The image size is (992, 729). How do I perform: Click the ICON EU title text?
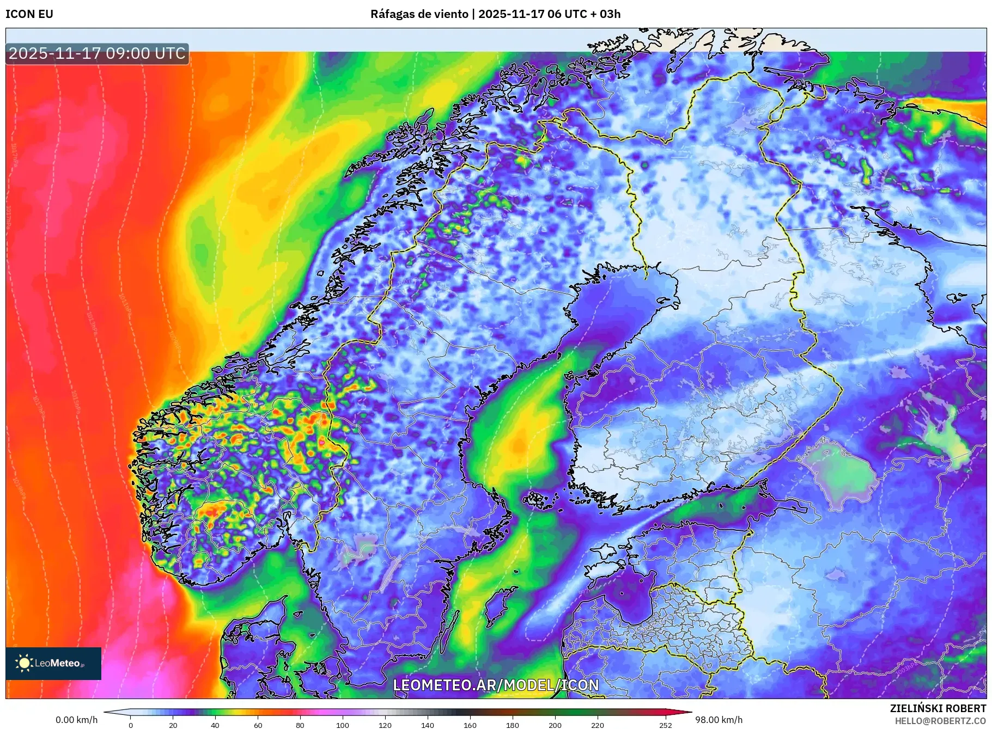pyautogui.click(x=29, y=14)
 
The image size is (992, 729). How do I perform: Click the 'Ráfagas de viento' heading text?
pyautogui.click(x=418, y=14)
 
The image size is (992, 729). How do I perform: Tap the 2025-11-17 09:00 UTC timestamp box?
pyautogui.click(x=97, y=53)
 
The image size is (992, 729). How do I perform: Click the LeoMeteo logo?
pyautogui.click(x=53, y=663)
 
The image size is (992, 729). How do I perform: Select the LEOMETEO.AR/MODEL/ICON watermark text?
pyautogui.click(x=496, y=685)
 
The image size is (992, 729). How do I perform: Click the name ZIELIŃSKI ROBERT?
pyautogui.click(x=938, y=708)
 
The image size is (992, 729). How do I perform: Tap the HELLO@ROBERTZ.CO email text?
pyautogui.click(x=940, y=721)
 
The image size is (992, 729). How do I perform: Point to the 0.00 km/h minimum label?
pyautogui.click(x=77, y=720)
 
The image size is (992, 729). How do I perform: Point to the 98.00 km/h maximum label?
pyautogui.click(x=719, y=720)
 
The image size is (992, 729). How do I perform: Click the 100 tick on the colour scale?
pyautogui.click(x=343, y=725)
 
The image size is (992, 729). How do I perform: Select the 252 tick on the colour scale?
pyautogui.click(x=666, y=725)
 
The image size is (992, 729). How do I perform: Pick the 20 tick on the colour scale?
pyautogui.click(x=173, y=725)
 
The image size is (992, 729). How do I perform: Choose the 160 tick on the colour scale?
pyautogui.click(x=470, y=725)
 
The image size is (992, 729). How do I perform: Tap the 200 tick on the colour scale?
pyautogui.click(x=555, y=725)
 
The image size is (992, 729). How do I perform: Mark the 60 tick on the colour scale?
pyautogui.click(x=258, y=725)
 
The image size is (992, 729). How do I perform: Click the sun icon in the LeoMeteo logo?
pyautogui.click(x=24, y=663)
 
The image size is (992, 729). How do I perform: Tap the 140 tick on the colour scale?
pyautogui.click(x=428, y=725)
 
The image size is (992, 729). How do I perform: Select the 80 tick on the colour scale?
pyautogui.click(x=300, y=725)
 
